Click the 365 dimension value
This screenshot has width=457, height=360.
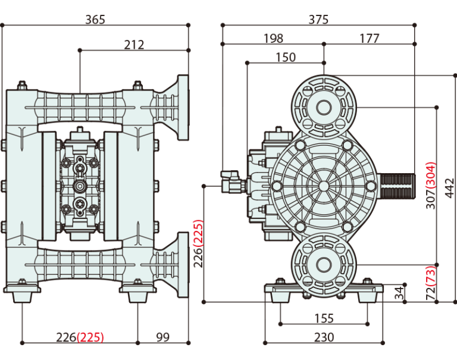tap(95, 19)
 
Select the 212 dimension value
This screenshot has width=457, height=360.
tap(134, 45)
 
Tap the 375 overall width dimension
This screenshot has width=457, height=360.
tap(318, 19)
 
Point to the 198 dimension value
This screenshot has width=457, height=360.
tap(273, 38)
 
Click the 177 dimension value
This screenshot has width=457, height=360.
tap(369, 38)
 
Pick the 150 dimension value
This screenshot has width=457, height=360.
tap(285, 57)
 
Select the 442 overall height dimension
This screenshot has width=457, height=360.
tap(450, 188)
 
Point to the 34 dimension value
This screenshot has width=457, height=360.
tap(399, 292)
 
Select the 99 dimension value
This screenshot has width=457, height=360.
tap(162, 337)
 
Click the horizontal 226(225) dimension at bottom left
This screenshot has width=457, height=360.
tap(79, 337)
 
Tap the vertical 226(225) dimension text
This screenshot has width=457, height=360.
tap(199, 244)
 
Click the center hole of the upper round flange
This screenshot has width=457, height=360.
tap(324, 108)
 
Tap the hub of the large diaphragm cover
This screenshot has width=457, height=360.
tap(324, 186)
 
